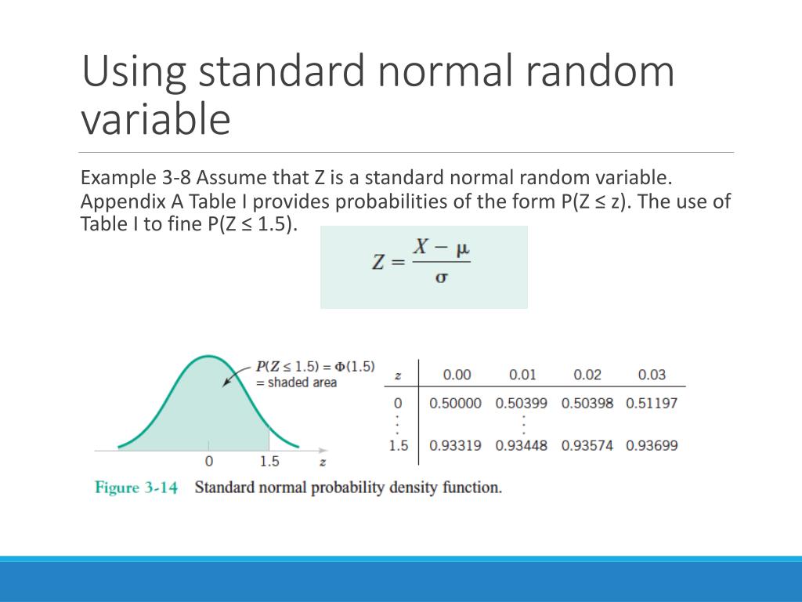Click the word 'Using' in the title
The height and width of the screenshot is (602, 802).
click(x=133, y=72)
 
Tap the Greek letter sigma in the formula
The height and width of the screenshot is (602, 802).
click(x=441, y=278)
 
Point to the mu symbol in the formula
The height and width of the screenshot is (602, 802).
click(x=462, y=247)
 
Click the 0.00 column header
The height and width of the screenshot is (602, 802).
click(x=457, y=375)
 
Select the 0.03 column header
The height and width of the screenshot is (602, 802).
click(x=652, y=375)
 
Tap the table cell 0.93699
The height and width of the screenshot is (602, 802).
click(x=652, y=445)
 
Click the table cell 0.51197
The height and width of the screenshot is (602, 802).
click(x=652, y=403)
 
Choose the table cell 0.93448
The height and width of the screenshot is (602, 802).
click(x=522, y=445)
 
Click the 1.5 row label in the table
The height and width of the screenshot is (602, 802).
click(x=399, y=445)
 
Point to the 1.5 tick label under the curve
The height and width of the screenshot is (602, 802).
click(x=269, y=462)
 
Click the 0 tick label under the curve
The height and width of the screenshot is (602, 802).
click(x=209, y=462)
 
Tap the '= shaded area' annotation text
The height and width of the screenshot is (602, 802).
click(x=297, y=383)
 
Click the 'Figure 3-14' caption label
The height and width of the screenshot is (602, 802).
click(x=136, y=488)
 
